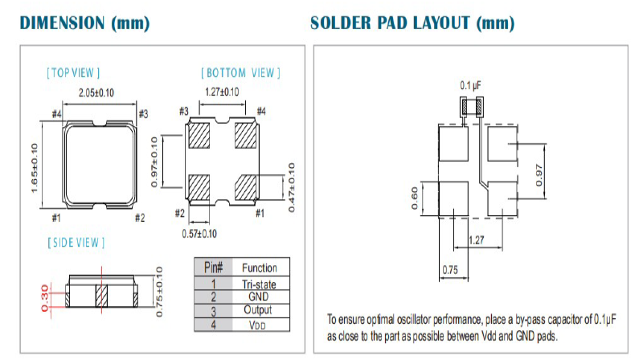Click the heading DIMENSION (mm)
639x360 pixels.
coord(84,22)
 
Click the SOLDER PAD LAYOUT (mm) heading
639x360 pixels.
coord(412,22)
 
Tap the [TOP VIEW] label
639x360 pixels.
coord(73,73)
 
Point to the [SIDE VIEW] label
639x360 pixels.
coord(76,242)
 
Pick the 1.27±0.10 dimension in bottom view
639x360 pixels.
coord(222,92)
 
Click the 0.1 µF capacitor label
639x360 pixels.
coord(470,84)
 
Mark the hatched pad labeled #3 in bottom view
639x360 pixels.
coord(199,135)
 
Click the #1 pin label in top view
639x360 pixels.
coord(56,217)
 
